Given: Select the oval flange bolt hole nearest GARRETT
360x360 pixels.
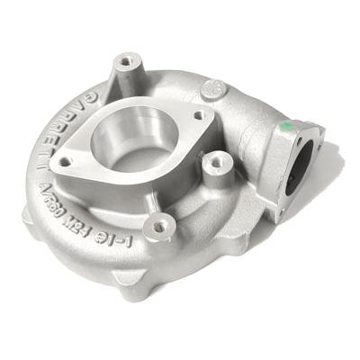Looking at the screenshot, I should (x=66, y=163).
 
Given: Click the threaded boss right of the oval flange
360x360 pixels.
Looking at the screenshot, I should (x=215, y=163).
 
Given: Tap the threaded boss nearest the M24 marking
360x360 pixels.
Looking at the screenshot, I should (x=159, y=227).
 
